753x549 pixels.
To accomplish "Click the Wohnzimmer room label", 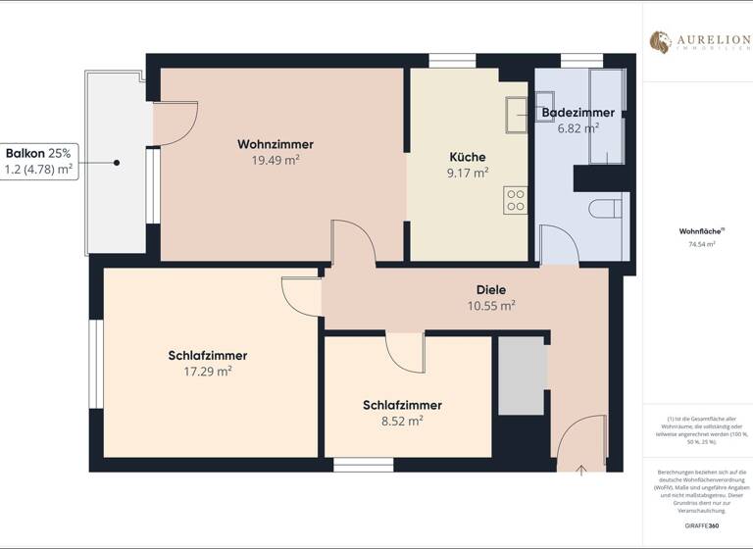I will (275, 144).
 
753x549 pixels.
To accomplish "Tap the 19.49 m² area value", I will (275, 161).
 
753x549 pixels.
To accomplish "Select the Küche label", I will (467, 157).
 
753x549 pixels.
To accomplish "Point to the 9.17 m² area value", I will (467, 174).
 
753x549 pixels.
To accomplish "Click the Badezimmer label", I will (577, 113).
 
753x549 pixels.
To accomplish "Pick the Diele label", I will (491, 289).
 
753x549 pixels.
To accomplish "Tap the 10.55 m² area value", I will (491, 306).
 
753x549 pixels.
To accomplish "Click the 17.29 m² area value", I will (207, 373).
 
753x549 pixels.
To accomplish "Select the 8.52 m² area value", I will (402, 422).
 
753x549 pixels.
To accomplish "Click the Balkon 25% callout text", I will (38, 153).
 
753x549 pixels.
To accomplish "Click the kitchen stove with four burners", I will (516, 201).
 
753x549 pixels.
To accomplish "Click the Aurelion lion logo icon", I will (660, 41).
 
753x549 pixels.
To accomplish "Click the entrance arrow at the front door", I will (580, 470).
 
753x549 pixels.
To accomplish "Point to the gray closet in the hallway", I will (522, 376).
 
